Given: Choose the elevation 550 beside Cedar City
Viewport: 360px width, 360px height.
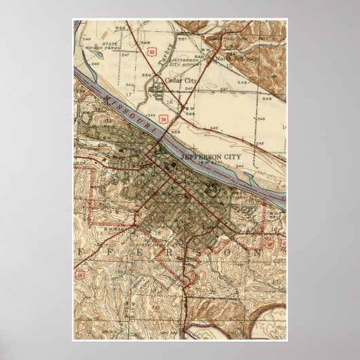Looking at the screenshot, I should click(x=147, y=75).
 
